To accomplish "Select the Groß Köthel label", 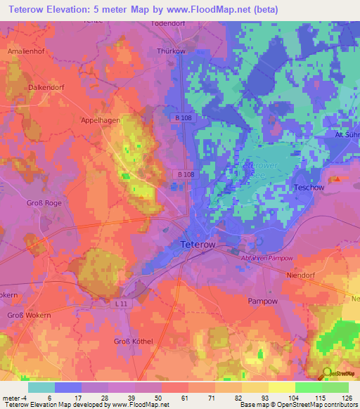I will pyautogui.click(x=133, y=342).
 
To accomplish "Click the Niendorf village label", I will pyautogui.click(x=304, y=275).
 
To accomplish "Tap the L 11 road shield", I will pyautogui.click(x=122, y=302).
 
